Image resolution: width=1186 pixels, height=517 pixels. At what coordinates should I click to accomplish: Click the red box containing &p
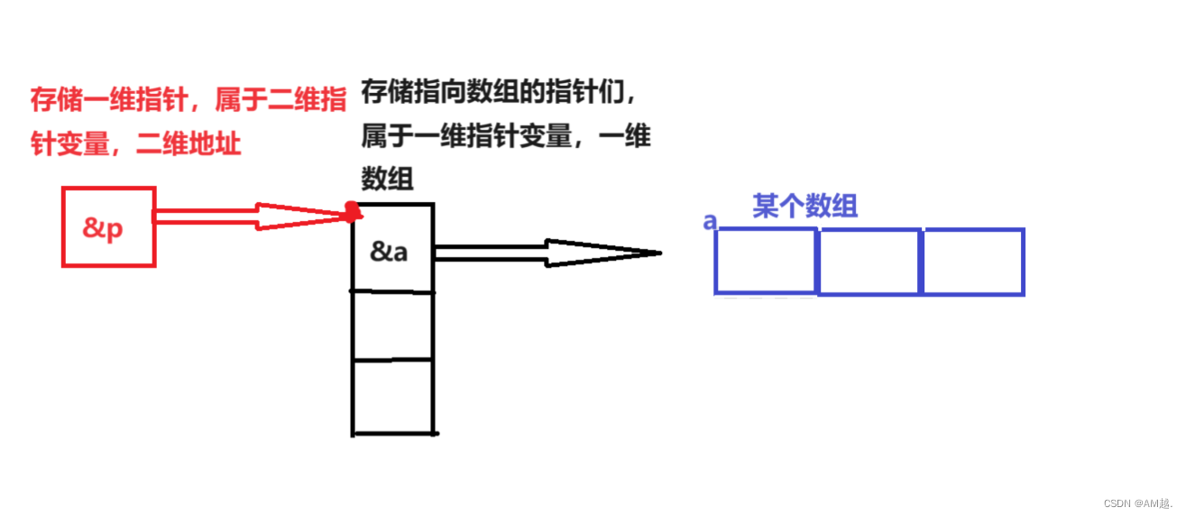(x=108, y=226)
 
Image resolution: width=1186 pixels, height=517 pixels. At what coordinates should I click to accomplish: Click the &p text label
(x=103, y=228)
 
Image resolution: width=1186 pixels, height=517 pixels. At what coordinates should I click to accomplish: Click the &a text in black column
(x=389, y=252)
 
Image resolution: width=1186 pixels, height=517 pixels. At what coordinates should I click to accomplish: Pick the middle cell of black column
(x=392, y=326)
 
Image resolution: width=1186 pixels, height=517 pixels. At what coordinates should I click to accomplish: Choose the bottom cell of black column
(x=392, y=397)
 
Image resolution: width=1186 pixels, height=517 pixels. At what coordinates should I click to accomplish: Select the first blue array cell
(x=766, y=262)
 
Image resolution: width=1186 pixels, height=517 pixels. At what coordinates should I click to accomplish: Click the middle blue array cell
(x=869, y=262)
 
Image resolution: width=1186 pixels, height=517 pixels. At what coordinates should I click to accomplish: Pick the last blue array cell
(x=973, y=262)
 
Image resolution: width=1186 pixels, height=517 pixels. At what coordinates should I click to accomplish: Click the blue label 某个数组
(x=804, y=207)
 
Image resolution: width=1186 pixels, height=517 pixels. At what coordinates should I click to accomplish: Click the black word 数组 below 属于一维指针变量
(x=387, y=179)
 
